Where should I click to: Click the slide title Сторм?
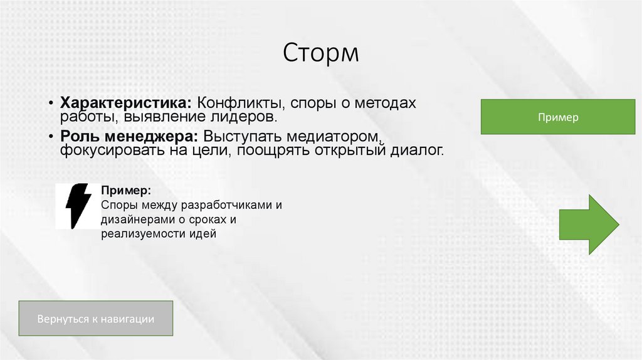[x=320, y=53]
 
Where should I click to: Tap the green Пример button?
[x=557, y=117]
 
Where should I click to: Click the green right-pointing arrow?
[x=589, y=224]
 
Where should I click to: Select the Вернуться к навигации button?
[x=95, y=319]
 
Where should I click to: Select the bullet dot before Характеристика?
[x=51, y=102]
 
